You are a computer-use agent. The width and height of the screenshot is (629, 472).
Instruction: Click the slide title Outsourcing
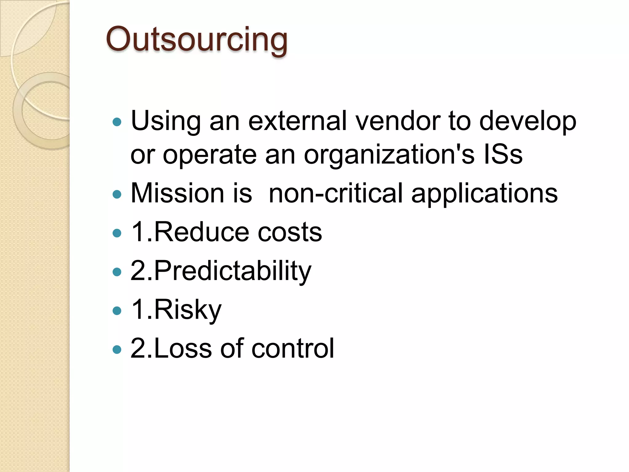(197, 40)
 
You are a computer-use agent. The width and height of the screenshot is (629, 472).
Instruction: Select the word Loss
(183, 348)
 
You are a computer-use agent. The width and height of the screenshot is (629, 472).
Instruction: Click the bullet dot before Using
(117, 122)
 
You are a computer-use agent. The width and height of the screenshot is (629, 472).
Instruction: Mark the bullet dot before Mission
(117, 194)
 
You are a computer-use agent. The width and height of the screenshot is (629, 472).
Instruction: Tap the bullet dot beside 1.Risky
(117, 311)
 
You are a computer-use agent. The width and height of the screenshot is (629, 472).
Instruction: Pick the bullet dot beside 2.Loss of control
(117, 349)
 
